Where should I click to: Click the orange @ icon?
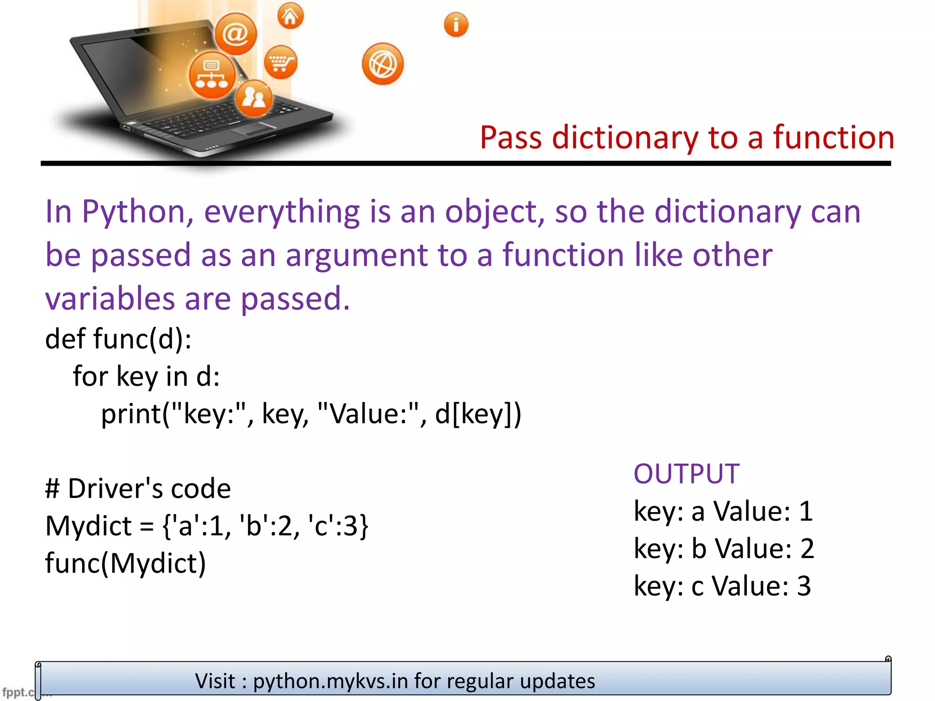[236, 34]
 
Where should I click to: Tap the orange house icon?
[290, 16]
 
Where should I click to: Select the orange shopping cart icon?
[280, 62]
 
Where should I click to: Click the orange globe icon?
[383, 64]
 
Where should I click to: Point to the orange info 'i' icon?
[456, 24]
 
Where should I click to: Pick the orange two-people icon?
[254, 98]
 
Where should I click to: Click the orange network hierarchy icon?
[211, 75]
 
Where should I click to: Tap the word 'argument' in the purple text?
[356, 255]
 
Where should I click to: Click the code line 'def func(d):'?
[118, 339]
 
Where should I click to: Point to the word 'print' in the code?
[130, 414]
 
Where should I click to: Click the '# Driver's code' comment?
[138, 488]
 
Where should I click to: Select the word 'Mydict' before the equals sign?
[89, 526]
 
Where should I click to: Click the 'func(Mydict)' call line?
[126, 563]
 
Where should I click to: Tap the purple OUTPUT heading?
[686, 474]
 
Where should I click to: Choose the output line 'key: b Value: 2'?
[724, 548]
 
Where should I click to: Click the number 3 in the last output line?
[804, 586]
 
